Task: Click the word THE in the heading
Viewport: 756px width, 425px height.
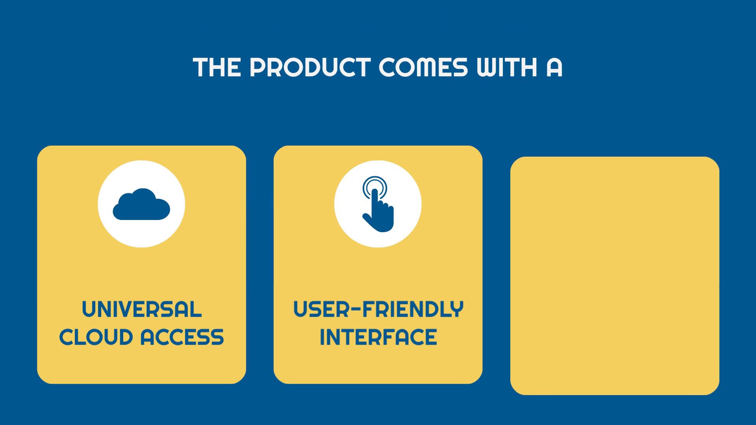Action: point(217,68)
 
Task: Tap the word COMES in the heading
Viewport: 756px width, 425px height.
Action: point(423,68)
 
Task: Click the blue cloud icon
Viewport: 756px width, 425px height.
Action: point(141,204)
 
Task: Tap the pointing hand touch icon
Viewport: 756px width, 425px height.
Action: point(378,204)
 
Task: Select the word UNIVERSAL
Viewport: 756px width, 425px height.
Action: point(142,309)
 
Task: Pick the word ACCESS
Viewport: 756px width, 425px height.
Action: point(183,337)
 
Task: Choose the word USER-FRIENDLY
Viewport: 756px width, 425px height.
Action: point(378,309)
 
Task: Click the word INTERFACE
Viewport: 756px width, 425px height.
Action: point(378,337)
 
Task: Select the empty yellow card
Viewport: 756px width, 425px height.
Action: point(615,276)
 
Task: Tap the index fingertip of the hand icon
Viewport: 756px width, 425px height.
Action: point(374,192)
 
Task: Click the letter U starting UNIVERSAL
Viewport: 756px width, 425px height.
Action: point(89,309)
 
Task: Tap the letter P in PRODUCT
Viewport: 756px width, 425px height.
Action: point(258,68)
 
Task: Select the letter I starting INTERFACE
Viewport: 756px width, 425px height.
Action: point(322,337)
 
